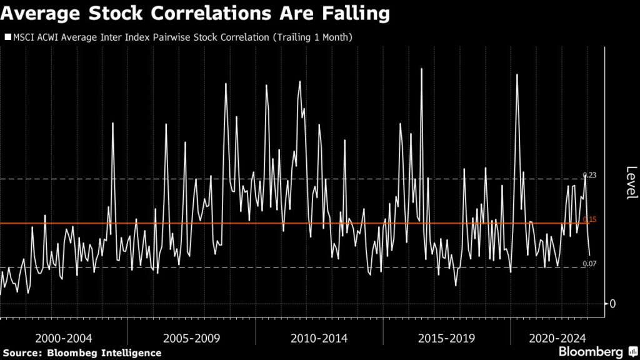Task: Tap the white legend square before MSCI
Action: [x=7, y=37]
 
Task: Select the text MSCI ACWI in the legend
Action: [x=35, y=37]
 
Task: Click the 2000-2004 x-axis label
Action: [x=64, y=338]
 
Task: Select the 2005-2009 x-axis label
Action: [x=191, y=338]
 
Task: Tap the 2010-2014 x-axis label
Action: [x=319, y=338]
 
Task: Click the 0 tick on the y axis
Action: [x=612, y=304]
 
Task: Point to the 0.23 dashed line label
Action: [x=589, y=175]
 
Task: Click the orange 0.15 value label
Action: [x=589, y=219]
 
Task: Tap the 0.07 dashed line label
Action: [x=589, y=264]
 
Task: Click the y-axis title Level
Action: [x=631, y=182]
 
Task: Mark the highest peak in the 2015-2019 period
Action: [x=422, y=68]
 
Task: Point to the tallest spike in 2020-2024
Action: [x=517, y=74]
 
